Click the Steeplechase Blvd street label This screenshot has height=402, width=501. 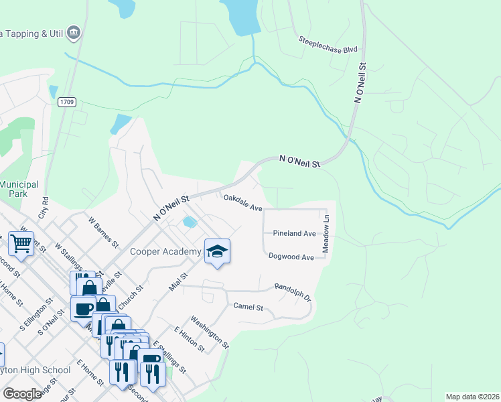tap(329, 44)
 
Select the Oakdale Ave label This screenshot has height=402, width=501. tap(242, 203)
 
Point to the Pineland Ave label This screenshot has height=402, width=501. tap(294, 233)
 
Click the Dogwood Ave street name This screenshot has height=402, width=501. tap(291, 257)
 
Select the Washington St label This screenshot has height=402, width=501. tap(210, 333)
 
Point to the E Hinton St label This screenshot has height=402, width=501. tap(189, 339)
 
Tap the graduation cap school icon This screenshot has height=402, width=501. tap(217, 251)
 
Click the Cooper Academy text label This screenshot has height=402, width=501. tap(166, 252)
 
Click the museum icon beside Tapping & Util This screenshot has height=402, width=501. tap(74, 31)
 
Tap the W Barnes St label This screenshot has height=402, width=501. tap(103, 230)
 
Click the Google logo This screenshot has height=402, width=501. tap(22, 393)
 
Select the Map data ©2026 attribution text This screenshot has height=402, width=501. tap(472, 397)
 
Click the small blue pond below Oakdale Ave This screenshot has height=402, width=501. tap(190, 222)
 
